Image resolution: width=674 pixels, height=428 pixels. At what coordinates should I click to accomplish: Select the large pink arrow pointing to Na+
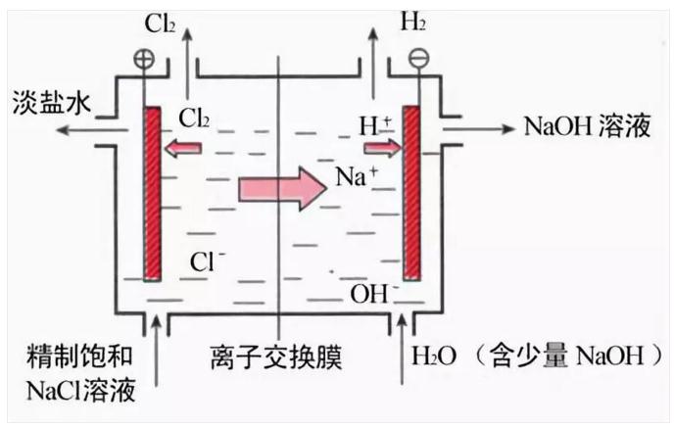(x=280, y=186)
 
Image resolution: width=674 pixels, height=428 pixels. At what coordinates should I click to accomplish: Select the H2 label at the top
(x=412, y=22)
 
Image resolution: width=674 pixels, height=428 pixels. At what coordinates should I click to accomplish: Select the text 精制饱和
(x=80, y=356)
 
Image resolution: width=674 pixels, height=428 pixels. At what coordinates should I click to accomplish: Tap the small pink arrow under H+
(x=382, y=149)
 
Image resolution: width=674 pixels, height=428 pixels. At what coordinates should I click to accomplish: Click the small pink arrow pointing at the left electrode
(x=183, y=149)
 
